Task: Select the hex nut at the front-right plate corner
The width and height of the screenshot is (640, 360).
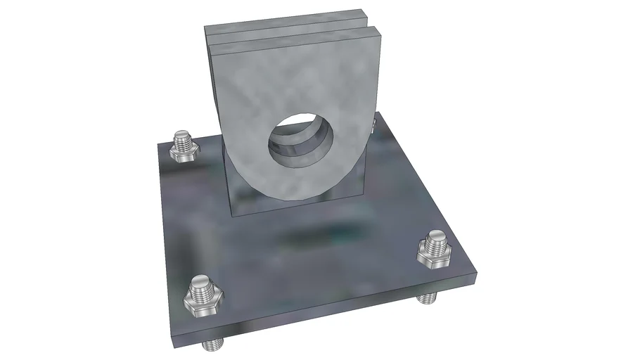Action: [x=433, y=251]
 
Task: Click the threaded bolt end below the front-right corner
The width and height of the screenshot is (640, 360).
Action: [x=425, y=299]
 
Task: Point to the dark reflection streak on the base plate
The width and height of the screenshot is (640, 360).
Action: [x=316, y=232]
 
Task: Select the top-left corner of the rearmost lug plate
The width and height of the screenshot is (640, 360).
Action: [x=206, y=27]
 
